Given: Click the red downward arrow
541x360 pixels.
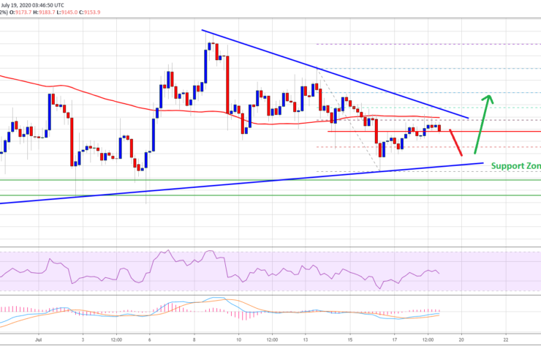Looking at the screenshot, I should click(455, 143).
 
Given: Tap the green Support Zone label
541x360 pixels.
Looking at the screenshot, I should click(515, 166).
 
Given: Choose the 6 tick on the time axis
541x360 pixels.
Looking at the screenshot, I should click(149, 340).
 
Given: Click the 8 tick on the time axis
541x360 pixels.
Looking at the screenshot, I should click(194, 340).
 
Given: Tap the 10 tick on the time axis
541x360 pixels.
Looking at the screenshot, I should click(239, 340).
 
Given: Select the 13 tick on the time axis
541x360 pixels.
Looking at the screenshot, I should click(306, 340).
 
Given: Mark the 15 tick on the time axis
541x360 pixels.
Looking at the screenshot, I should click(350, 340).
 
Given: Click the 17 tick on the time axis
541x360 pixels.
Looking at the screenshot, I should click(395, 340).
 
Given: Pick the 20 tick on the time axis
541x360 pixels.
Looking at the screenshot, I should click(461, 340).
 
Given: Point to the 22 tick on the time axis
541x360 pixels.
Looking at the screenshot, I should click(506, 340).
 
